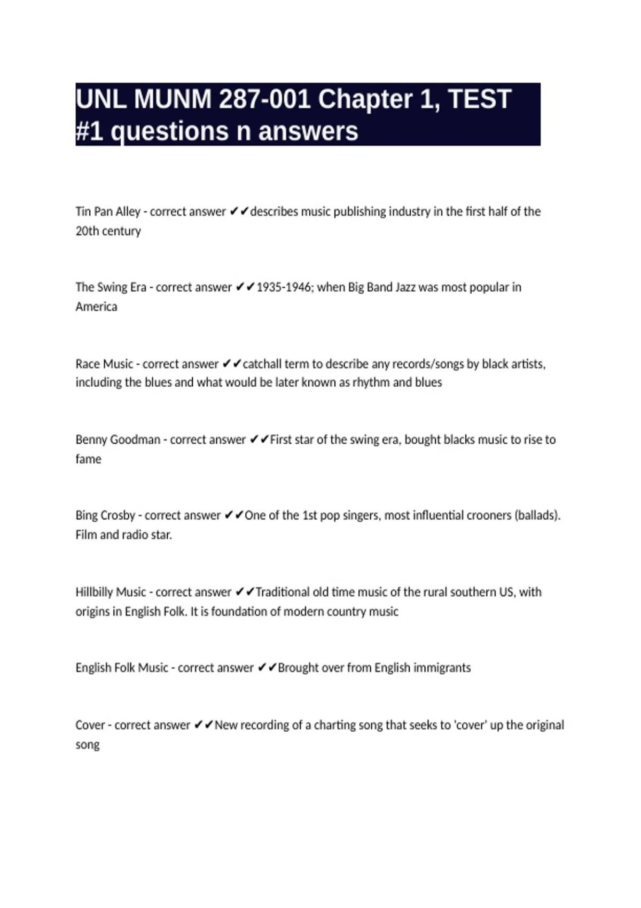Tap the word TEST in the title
pos(480,99)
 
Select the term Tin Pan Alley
pos(108,212)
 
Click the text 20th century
pos(108,231)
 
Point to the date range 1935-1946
pos(284,287)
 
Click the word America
pos(96,307)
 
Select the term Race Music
pos(104,364)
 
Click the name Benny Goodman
pos(118,440)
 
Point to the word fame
pos(88,459)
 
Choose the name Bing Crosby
pos(105,515)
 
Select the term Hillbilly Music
pos(111,592)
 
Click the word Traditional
pos(283,592)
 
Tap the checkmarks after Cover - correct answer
pos(204,725)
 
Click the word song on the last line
pos(88,745)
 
